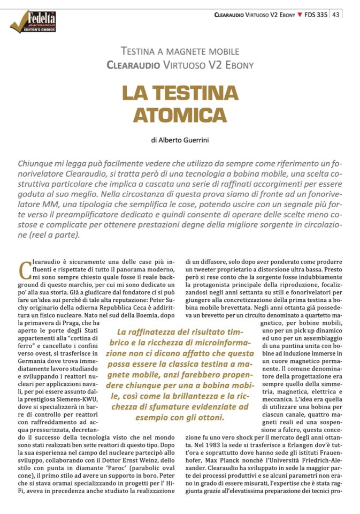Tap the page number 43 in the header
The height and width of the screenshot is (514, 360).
pos(336,14)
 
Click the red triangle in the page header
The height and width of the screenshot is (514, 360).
pos(300,14)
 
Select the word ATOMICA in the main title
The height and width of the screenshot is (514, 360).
pos(180,115)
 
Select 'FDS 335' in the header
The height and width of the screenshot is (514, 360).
pos(316,14)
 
